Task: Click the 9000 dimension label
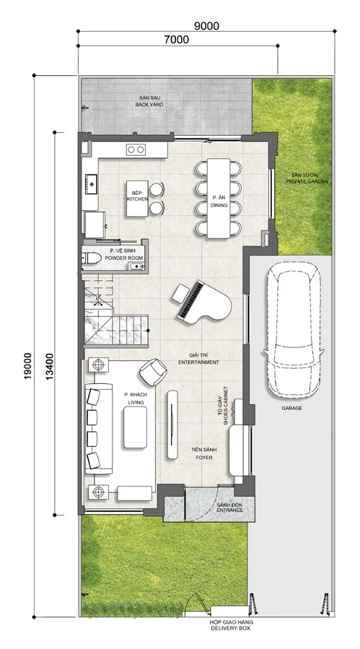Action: (206, 26)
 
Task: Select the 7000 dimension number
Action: (176, 40)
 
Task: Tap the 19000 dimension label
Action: (27, 366)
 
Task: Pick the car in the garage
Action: (294, 331)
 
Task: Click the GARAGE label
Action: (292, 408)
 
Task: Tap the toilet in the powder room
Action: (92, 258)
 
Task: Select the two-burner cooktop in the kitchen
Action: (136, 149)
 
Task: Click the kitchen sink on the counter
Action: (91, 184)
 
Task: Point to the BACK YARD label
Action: (149, 105)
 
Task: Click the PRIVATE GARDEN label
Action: (307, 181)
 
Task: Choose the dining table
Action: (219, 199)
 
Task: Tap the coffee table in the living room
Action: (136, 427)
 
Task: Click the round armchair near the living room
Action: (153, 372)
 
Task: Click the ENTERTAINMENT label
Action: (198, 362)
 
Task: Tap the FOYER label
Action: (204, 458)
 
